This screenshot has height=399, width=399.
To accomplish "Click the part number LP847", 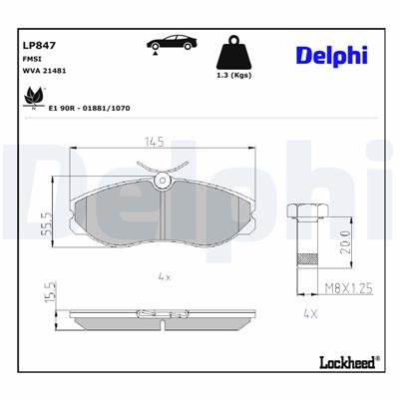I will click(37, 44).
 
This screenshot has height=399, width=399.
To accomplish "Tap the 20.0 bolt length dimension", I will click(342, 241).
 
